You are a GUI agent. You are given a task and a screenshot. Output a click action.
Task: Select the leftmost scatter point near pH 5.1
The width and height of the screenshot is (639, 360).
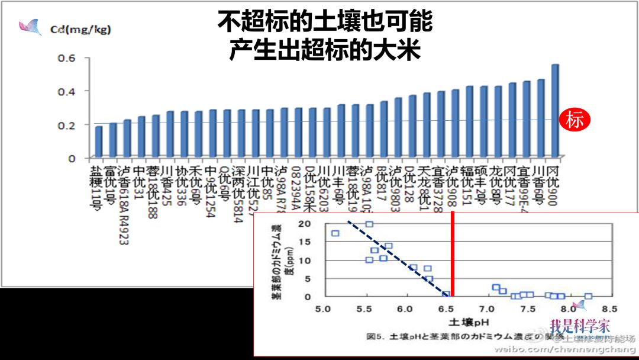pos(335,233)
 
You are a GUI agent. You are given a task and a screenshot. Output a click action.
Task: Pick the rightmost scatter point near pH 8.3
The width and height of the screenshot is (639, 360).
pos(588,296)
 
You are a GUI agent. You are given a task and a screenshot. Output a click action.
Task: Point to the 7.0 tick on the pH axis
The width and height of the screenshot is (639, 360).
pos(486,309)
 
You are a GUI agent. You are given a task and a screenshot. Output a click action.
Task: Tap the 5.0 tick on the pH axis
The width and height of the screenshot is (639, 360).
pos(323,309)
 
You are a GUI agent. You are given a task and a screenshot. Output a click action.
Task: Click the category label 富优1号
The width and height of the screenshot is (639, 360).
pos(112,184)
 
